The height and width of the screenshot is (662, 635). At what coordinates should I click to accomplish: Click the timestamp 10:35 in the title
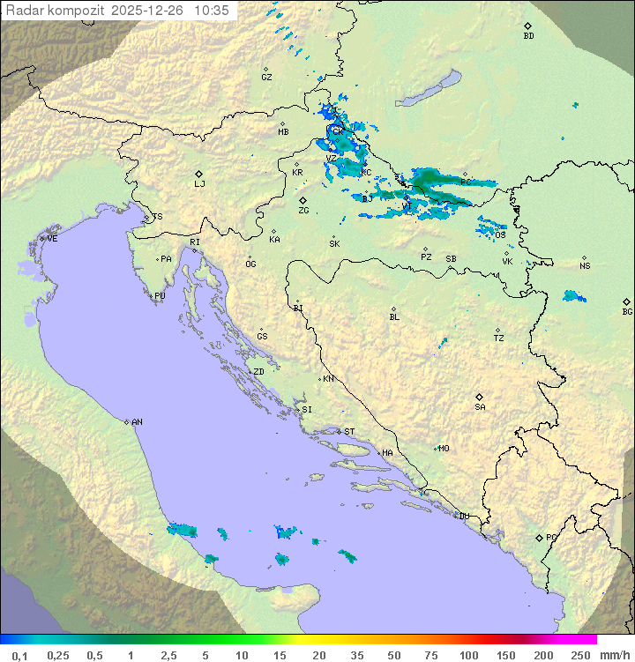[x=212, y=11]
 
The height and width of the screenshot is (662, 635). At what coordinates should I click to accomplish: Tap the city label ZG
[x=303, y=211]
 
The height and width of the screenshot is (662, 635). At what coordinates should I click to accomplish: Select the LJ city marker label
[x=199, y=184]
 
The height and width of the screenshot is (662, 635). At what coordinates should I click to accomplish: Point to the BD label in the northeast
[x=528, y=36]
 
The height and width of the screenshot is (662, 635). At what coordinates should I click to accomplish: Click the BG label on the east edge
[x=627, y=311]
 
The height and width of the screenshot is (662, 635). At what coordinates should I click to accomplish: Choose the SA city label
[x=480, y=407]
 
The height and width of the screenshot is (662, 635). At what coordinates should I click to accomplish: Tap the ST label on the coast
[x=349, y=432]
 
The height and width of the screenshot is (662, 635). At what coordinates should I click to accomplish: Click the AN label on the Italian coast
[x=137, y=422]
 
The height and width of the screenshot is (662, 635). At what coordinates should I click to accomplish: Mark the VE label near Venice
[x=52, y=239]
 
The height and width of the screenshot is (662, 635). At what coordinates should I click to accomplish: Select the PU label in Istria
[x=160, y=296]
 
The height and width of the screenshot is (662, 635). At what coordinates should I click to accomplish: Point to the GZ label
[x=266, y=77]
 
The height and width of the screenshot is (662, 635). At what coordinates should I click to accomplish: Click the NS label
[x=585, y=265]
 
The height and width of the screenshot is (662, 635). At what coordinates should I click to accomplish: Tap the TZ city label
[x=499, y=338]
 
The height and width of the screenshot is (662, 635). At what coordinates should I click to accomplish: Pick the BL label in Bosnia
[x=394, y=317]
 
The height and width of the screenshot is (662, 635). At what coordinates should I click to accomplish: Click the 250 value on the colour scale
[x=579, y=655]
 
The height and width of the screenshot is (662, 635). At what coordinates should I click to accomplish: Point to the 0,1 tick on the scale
[x=19, y=655]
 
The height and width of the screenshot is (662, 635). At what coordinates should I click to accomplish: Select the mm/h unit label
[x=612, y=655]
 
